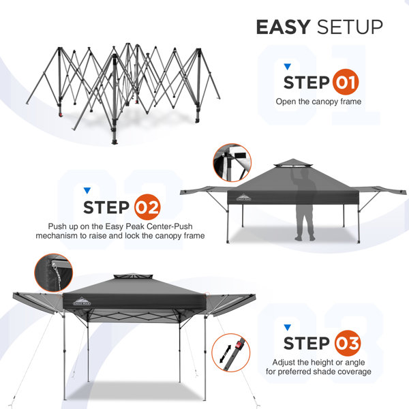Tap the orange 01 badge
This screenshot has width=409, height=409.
[x=345, y=84]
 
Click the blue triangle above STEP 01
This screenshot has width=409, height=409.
[x=287, y=67]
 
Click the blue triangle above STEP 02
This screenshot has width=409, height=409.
[x=87, y=190]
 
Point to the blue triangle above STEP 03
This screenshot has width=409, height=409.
[x=287, y=326]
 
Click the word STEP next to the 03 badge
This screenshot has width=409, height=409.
[x=306, y=343]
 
